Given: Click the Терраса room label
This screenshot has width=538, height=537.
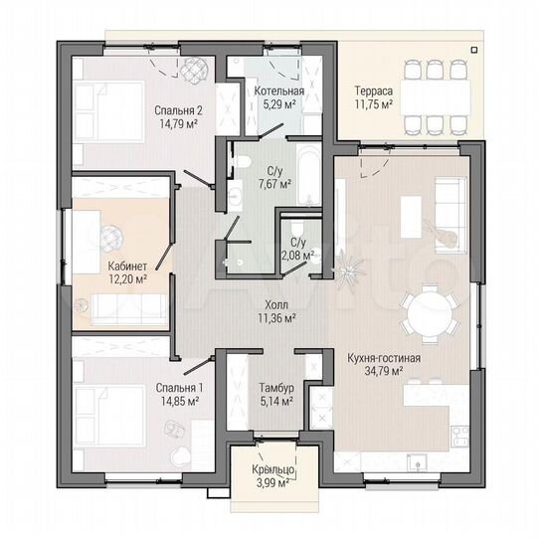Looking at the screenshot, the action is pos(374,91).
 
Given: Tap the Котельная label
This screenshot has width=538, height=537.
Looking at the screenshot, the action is pos(279,90).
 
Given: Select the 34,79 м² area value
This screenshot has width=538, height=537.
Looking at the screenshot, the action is pos(384,371).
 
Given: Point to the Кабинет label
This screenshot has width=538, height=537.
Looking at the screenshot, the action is pos(127,266).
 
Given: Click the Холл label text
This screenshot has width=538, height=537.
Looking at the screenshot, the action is pos(276,304).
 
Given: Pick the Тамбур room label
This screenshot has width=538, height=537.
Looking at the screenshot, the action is pos(276,388).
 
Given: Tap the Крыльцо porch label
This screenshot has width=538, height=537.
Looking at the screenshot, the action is pos(273,469).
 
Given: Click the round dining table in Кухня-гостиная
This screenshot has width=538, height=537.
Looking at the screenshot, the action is pos(430,313).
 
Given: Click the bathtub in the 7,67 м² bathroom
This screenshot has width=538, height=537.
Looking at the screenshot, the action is pos(309,174).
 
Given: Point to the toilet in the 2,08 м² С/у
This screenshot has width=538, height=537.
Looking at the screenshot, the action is pos(295,228).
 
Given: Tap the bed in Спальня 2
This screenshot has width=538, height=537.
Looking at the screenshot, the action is pos(109,111).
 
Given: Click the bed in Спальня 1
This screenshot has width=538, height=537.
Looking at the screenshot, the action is pos(109,416).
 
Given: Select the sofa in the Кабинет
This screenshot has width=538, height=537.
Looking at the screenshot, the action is pos(129,309).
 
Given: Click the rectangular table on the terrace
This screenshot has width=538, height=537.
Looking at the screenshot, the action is pos(435,97).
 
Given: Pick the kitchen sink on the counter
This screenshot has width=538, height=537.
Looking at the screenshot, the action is pos(417,462).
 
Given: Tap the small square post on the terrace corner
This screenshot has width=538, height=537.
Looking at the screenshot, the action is pos(474,50).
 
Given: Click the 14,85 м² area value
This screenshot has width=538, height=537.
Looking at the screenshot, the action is pos(180,401).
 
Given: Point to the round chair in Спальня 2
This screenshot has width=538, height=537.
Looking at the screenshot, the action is pos(195,69).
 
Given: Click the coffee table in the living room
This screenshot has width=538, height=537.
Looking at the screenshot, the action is pos(411,217).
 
